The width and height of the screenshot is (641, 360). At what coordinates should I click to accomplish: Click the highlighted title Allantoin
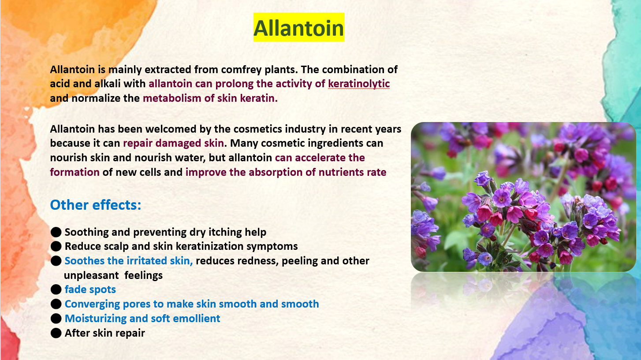(298, 28)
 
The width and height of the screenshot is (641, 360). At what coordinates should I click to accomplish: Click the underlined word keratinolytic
(359, 84)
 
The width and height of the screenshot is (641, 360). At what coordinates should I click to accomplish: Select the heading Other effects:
(96, 205)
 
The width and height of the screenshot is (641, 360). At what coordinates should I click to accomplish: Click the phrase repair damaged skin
(173, 143)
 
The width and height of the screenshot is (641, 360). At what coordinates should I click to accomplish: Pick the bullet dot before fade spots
(56, 289)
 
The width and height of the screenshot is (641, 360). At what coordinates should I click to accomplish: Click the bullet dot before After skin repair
(56, 333)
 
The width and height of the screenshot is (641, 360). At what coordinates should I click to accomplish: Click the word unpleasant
(91, 275)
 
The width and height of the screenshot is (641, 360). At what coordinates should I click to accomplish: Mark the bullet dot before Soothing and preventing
(56, 232)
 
